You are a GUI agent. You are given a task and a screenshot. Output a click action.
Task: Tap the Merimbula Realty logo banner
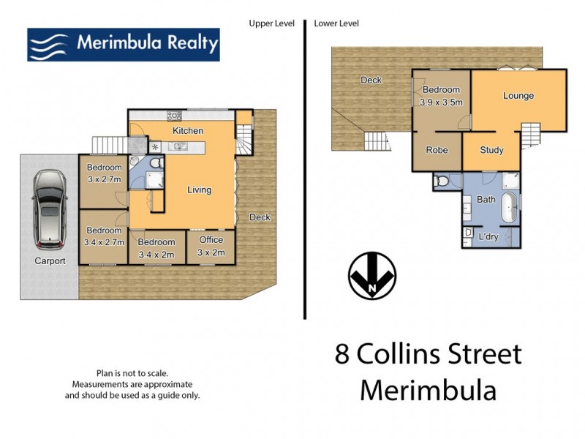[123, 45]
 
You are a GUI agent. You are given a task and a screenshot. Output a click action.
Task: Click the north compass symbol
[372, 276]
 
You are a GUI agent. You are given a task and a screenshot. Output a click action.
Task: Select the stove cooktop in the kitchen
[174, 115]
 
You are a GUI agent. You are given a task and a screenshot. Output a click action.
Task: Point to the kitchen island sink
[178, 146]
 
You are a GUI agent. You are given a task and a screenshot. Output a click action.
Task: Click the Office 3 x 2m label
[211, 247]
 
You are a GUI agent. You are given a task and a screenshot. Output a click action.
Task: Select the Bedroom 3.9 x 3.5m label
[442, 96]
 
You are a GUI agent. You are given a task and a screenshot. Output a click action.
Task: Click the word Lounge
[518, 96]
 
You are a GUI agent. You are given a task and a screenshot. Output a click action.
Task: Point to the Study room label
[491, 150]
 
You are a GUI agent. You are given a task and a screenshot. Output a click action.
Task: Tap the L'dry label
[488, 237]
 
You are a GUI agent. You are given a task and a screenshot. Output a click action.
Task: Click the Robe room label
[437, 150]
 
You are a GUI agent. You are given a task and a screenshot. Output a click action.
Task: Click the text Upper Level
[271, 23]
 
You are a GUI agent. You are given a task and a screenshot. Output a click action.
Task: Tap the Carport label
[49, 260]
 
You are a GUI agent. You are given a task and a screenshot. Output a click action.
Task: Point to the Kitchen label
[187, 130]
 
